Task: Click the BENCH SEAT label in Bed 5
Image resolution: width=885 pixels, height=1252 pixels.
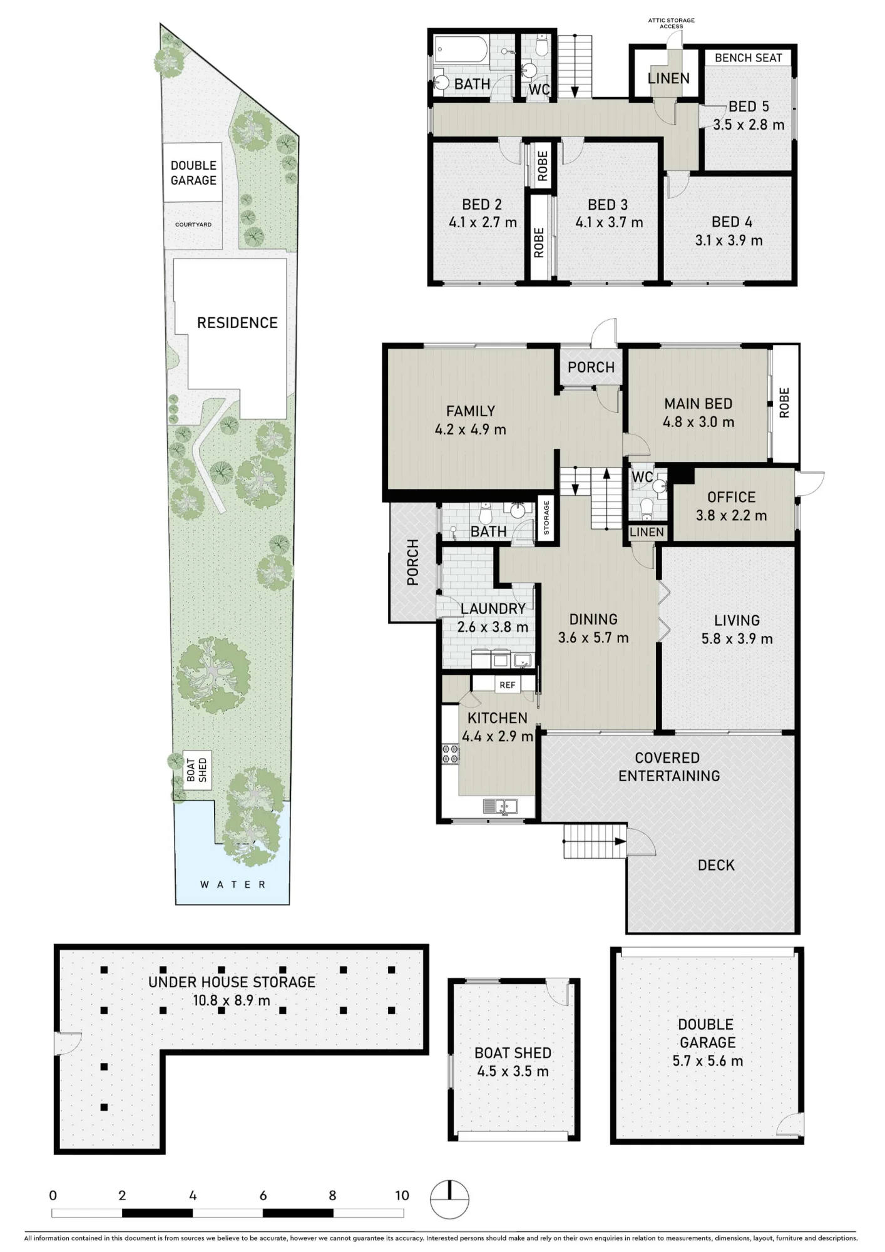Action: [748, 58]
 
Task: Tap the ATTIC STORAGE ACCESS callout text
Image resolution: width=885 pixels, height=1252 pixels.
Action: [671, 23]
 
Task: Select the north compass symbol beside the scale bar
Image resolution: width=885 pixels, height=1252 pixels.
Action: [449, 1199]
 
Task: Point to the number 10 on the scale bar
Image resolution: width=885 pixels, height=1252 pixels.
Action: [402, 1195]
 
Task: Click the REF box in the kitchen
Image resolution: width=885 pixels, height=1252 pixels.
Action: [507, 685]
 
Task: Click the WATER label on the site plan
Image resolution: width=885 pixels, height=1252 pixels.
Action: [233, 885]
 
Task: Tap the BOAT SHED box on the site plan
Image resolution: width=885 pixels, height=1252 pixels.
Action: [197, 769]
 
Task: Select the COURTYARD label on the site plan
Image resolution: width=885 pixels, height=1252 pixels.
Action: [193, 224]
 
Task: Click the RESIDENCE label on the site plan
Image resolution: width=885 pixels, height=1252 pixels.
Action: [237, 322]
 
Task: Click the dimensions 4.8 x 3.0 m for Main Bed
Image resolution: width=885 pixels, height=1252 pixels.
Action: [698, 422]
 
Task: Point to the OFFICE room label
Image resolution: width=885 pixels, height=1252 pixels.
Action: [731, 497]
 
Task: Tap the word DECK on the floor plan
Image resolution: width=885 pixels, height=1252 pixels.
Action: [716, 865]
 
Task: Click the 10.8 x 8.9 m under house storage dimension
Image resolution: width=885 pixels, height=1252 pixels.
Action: [231, 1000]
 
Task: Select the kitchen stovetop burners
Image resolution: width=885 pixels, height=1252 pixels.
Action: [450, 753]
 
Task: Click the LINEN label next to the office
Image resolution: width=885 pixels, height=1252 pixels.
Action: [647, 532]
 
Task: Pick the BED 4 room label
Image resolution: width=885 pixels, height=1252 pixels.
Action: [732, 222]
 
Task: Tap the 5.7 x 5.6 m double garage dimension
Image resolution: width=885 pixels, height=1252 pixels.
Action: [707, 1060]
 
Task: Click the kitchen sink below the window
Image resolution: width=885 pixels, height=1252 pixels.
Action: [501, 806]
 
